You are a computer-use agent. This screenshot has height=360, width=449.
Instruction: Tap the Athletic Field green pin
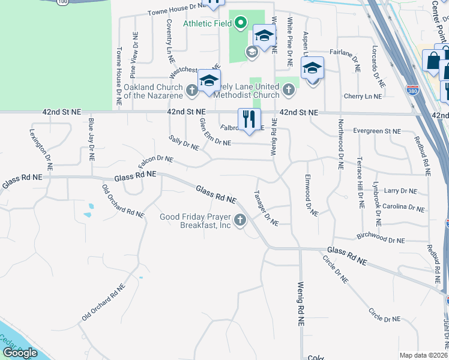[241, 24]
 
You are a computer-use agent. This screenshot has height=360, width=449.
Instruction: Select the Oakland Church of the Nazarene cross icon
[191, 91]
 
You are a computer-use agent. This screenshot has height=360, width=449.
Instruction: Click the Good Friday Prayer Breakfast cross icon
[240, 221]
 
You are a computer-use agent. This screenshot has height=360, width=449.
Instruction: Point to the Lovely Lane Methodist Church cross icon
[289, 91]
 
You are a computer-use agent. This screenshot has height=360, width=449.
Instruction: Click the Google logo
[19, 352]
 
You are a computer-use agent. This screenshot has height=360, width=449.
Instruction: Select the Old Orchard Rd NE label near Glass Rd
[123, 202]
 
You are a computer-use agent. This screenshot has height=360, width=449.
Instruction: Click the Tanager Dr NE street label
[266, 208]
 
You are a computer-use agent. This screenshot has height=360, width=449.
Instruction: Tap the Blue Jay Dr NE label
[91, 140]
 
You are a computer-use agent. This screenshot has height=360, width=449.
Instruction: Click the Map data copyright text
[424, 355]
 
